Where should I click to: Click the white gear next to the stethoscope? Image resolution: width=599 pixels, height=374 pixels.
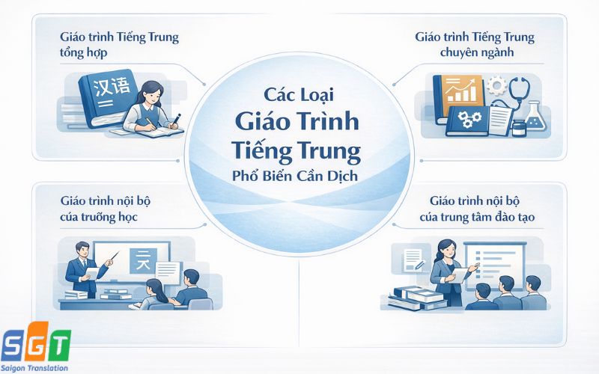tap(496, 85)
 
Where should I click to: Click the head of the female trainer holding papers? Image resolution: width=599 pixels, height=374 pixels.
tap(440, 246)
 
